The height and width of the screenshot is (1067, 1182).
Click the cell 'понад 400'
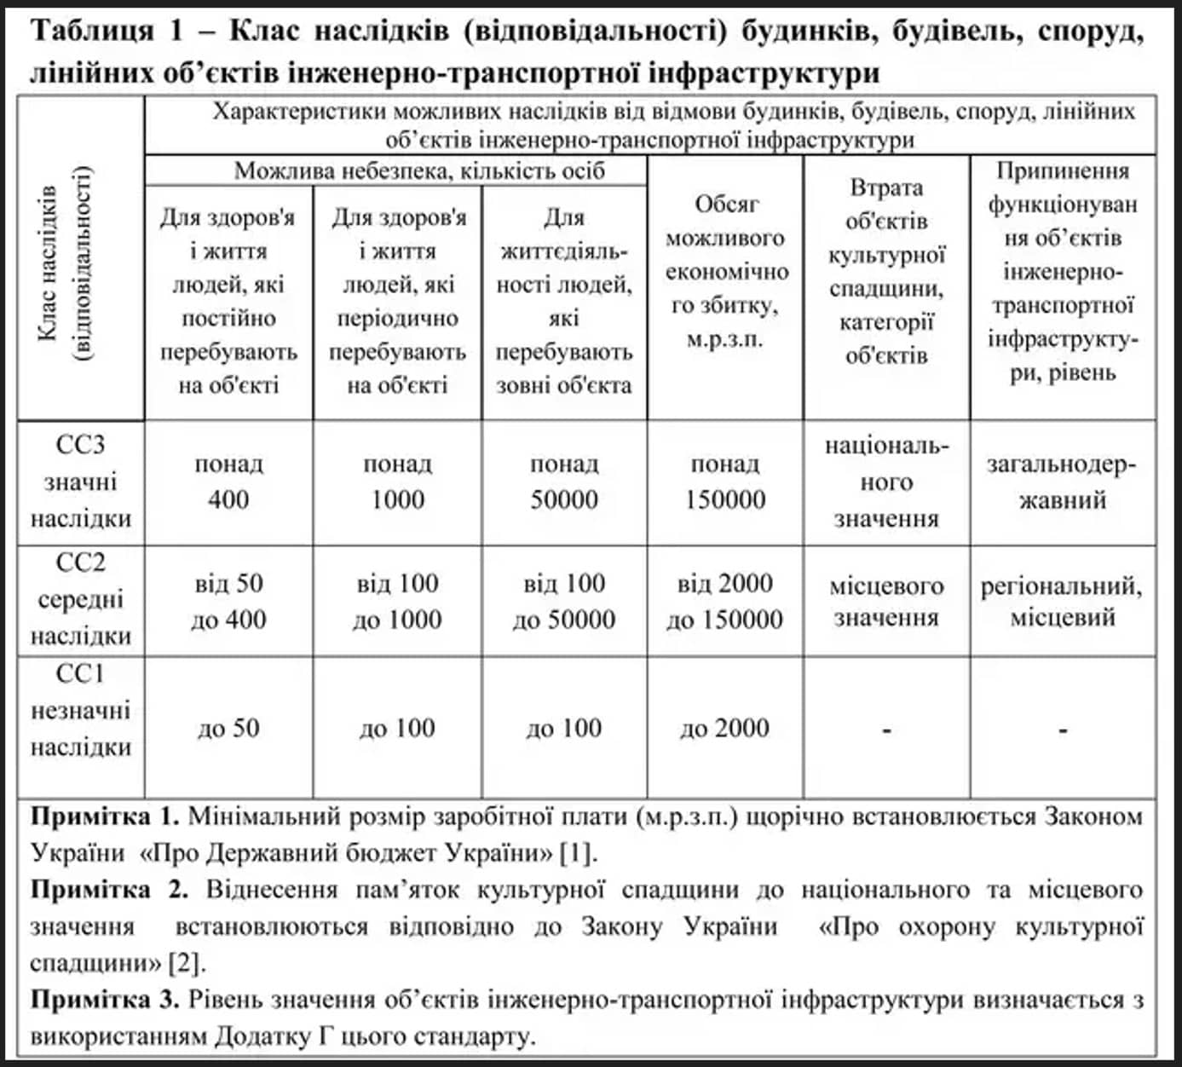[228, 482]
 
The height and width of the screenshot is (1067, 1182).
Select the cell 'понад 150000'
[724, 482]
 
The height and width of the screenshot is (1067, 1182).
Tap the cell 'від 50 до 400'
[228, 601]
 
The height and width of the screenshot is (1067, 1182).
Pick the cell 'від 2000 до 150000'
[724, 601]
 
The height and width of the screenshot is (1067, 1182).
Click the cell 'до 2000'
[724, 729]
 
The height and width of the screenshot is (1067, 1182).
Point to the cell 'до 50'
[228, 729]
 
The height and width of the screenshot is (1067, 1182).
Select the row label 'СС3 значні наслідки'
[81, 482]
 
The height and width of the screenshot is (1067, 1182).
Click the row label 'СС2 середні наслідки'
[81, 600]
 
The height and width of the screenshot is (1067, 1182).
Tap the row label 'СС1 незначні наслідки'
[81, 711]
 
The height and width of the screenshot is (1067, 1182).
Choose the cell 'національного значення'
[886, 482]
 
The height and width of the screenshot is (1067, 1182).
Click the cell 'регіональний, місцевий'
[1062, 601]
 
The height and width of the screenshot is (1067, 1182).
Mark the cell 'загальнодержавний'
[1062, 482]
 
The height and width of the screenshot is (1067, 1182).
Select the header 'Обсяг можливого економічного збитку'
[724, 271]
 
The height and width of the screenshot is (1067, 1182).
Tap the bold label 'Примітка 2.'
[109, 890]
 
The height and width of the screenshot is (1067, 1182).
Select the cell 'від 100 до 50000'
[564, 601]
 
